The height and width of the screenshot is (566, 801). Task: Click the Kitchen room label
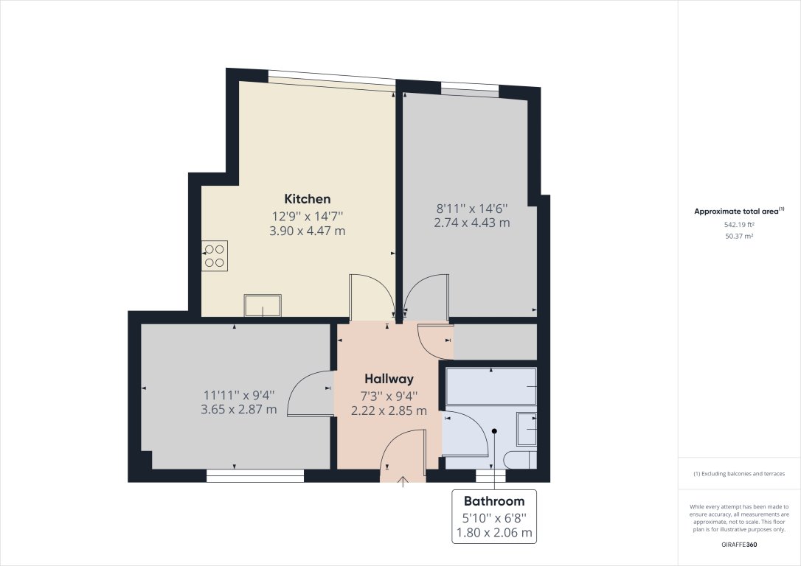pyautogui.click(x=308, y=199)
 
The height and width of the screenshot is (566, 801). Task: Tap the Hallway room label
pyautogui.click(x=386, y=379)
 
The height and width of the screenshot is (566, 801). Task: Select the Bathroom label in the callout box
pyautogui.click(x=494, y=501)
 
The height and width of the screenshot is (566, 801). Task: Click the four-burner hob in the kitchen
pyautogui.click(x=215, y=255)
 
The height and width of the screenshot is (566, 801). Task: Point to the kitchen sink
pyautogui.click(x=263, y=305)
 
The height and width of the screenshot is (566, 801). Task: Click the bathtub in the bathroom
pyautogui.click(x=491, y=386)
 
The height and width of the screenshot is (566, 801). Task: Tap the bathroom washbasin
pyautogui.click(x=527, y=430)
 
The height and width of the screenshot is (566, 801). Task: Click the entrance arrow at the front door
pyautogui.click(x=403, y=482)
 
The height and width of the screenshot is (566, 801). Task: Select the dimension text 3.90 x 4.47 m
pyautogui.click(x=308, y=231)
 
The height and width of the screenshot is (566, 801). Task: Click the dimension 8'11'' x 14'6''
pyautogui.click(x=473, y=209)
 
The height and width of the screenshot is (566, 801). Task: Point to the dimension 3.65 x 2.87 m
pyautogui.click(x=239, y=409)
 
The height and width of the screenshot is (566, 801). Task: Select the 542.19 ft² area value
pyautogui.click(x=739, y=224)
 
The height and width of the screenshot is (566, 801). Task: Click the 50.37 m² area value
pyautogui.click(x=739, y=236)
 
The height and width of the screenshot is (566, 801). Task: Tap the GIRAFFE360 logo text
pyautogui.click(x=739, y=545)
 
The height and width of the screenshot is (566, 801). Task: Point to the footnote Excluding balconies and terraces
pyautogui.click(x=739, y=474)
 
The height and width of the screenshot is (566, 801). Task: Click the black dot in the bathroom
pyautogui.click(x=495, y=431)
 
